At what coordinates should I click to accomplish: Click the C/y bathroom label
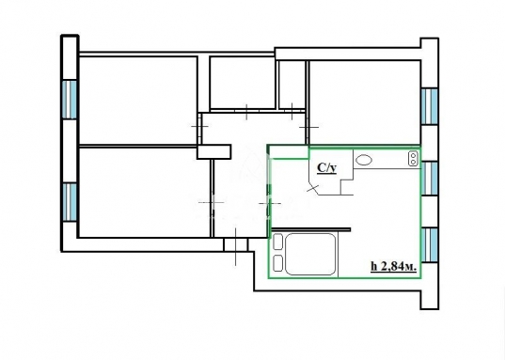coord(327,168)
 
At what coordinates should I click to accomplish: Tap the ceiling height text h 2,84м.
coord(394,267)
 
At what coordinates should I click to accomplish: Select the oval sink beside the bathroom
coord(364,160)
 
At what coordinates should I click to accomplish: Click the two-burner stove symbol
coord(413,159)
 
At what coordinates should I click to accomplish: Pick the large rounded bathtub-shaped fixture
coord(310,254)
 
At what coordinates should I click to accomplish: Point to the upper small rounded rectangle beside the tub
coord(278,243)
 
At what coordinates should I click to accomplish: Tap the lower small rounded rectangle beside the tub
coord(278,263)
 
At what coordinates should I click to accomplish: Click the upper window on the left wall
coord(70,100)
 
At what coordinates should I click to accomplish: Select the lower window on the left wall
coord(70,202)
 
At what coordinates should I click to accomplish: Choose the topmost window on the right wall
coord(430,106)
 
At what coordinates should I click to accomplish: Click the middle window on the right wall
coord(430,179)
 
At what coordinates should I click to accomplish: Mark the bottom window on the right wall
coord(430,244)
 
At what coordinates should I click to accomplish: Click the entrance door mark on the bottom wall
coord(236,246)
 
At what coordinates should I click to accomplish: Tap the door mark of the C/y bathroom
coord(313,188)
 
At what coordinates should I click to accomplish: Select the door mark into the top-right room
coord(308,128)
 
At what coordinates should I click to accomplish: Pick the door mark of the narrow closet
coord(292,112)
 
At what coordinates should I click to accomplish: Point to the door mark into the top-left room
coord(199,126)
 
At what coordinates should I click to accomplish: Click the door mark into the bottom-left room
coord(212,202)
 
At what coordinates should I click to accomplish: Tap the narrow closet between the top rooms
coord(292,85)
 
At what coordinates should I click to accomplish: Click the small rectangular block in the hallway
coord(213,151)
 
